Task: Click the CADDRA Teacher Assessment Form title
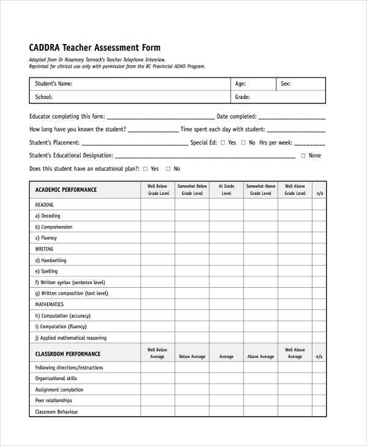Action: [95, 48]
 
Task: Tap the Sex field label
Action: [285, 84]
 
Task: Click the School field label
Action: [43, 97]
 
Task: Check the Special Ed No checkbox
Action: [243, 142]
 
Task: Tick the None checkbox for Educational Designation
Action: [303, 156]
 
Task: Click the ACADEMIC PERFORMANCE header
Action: [66, 190]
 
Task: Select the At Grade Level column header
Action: [226, 189]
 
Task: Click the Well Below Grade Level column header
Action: [158, 189]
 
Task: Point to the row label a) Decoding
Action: [48, 216]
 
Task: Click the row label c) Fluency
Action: [46, 238]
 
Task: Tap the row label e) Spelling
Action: [46, 271]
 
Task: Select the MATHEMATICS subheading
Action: [50, 304]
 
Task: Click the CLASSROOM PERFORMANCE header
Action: [68, 354]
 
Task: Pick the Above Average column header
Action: [261, 356]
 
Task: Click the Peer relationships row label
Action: [54, 401]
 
